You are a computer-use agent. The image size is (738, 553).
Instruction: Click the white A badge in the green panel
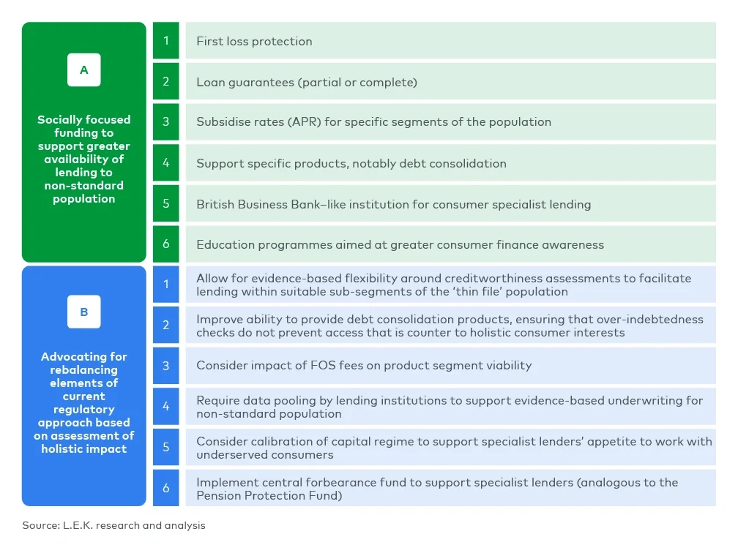click(84, 70)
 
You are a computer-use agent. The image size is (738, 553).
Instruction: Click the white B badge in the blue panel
click(84, 312)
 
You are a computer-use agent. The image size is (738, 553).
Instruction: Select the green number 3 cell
click(166, 122)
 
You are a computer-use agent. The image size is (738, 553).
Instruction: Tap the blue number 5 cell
click(166, 447)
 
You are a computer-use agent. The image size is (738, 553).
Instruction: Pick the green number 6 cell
click(166, 244)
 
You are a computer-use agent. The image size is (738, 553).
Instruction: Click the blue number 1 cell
click(166, 285)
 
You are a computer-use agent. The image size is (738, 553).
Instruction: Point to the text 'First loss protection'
click(254, 42)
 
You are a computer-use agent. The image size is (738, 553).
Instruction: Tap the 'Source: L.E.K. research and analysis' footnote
click(113, 525)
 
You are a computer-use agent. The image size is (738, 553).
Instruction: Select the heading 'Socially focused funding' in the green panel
click(84, 126)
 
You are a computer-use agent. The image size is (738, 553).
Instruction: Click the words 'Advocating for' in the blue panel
click(84, 357)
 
